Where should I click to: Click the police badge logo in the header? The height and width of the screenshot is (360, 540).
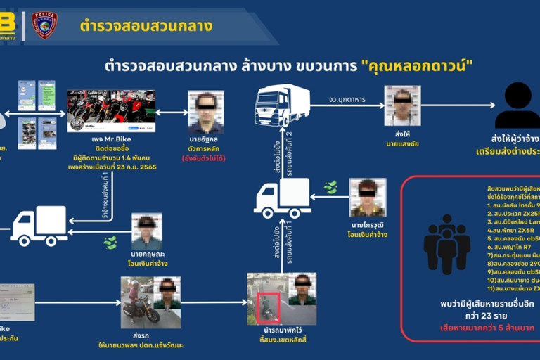(44, 25)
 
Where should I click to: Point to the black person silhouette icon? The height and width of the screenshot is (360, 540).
(517, 105)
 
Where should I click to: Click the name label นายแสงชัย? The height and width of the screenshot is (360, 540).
(402, 143)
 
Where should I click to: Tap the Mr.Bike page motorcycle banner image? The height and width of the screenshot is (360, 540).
(110, 110)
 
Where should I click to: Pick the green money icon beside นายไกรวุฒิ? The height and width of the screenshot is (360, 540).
(330, 188)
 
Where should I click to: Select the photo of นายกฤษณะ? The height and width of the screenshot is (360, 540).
(147, 231)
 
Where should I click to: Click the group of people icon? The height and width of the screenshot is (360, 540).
(446, 243)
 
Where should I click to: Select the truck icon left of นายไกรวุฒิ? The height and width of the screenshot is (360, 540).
(282, 198)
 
